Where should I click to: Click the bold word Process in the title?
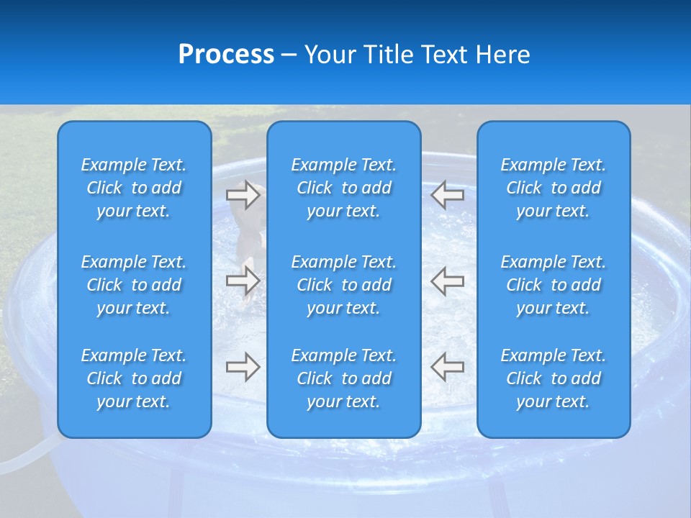coord(226,55)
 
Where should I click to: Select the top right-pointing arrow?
coord(243,194)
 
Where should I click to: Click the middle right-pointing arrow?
coord(243,281)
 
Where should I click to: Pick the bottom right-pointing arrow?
coord(243,367)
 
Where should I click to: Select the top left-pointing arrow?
coord(447,194)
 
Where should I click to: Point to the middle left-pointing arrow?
coord(447,281)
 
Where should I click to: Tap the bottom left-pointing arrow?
coord(447,367)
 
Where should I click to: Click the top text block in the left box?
coord(134,188)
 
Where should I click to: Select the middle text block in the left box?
coord(134,285)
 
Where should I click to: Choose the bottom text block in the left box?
coord(134,378)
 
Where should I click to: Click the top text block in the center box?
coord(344,188)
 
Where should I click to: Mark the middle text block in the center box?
coord(344,285)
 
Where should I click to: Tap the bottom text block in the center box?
coord(344,378)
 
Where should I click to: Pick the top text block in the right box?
coord(554,188)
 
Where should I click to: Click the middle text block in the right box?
coord(554,285)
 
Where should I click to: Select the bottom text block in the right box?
coord(554,378)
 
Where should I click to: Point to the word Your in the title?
coord(330,55)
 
